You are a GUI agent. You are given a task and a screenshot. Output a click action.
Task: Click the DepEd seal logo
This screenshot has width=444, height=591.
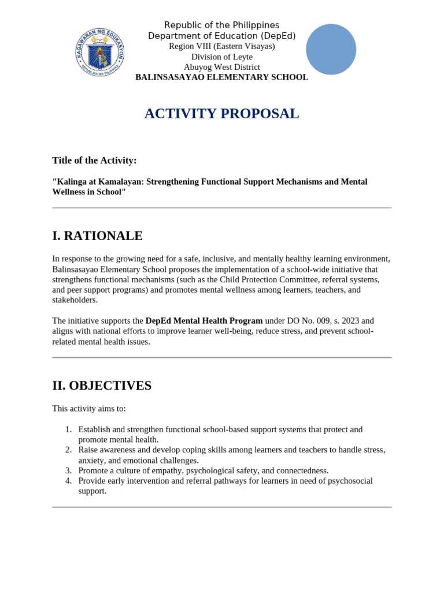point(99,53)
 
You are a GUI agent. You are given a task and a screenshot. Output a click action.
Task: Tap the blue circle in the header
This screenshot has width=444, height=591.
point(331,49)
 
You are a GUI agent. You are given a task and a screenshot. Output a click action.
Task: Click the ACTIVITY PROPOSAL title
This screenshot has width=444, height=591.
point(221,114)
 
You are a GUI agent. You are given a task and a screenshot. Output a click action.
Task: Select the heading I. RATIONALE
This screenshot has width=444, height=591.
point(97,235)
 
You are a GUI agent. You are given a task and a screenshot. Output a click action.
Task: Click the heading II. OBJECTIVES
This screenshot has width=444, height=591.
point(102,386)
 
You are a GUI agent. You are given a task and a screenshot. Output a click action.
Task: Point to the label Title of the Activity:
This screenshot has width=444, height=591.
point(94,160)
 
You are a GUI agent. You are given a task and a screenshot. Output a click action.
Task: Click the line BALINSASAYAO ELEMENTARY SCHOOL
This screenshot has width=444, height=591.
point(221,77)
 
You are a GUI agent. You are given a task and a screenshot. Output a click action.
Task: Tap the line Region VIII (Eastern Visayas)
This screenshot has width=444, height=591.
point(221,46)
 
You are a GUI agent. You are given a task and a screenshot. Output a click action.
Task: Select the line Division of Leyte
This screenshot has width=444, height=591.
point(221,57)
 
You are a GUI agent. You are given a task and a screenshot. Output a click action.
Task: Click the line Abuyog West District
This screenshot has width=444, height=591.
point(221,67)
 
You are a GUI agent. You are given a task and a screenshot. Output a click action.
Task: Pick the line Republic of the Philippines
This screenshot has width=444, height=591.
point(221,25)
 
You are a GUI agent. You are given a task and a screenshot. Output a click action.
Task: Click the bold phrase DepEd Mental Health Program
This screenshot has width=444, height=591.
point(203,321)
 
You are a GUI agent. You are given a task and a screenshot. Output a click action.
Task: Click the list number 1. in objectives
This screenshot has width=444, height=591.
point(68,429)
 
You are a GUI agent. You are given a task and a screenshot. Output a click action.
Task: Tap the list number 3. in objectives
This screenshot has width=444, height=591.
point(68,470)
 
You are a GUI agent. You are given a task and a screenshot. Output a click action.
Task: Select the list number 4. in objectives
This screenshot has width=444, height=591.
point(68,481)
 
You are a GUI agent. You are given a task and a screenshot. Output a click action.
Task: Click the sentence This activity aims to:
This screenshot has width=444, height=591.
point(89,409)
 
